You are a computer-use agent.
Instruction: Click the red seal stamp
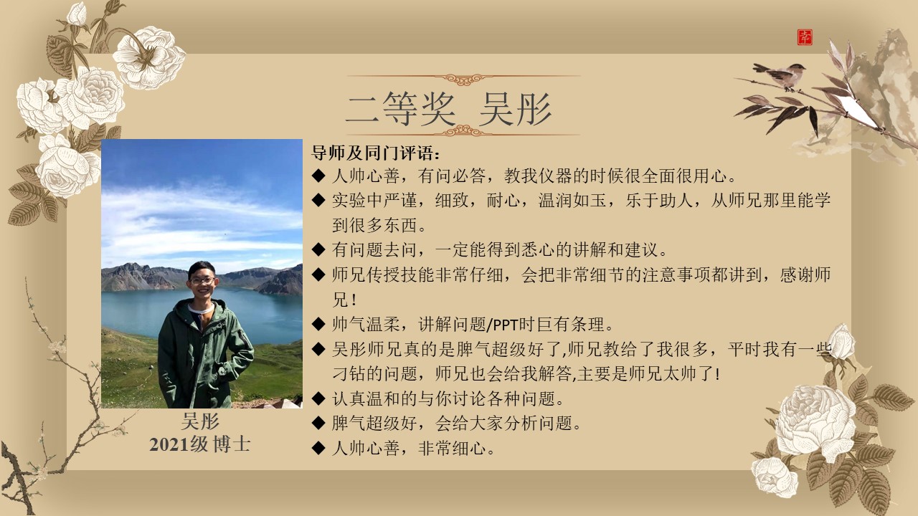point(805,37)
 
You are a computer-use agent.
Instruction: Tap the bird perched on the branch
point(780,75)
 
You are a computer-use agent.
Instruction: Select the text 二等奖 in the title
point(400,108)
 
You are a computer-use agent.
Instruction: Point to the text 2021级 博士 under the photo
point(199,444)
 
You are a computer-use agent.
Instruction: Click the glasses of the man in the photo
point(202,281)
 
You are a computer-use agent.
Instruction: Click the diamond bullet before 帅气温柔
point(318,325)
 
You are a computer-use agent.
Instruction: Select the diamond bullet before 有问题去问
point(318,249)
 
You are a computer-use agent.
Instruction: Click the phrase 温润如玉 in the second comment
point(572,200)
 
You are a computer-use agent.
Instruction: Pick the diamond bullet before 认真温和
point(318,398)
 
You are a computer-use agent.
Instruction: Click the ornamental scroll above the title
point(463,78)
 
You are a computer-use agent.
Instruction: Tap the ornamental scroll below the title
point(463,132)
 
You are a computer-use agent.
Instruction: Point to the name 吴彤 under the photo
point(200,421)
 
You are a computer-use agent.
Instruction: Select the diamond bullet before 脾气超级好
point(318,423)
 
